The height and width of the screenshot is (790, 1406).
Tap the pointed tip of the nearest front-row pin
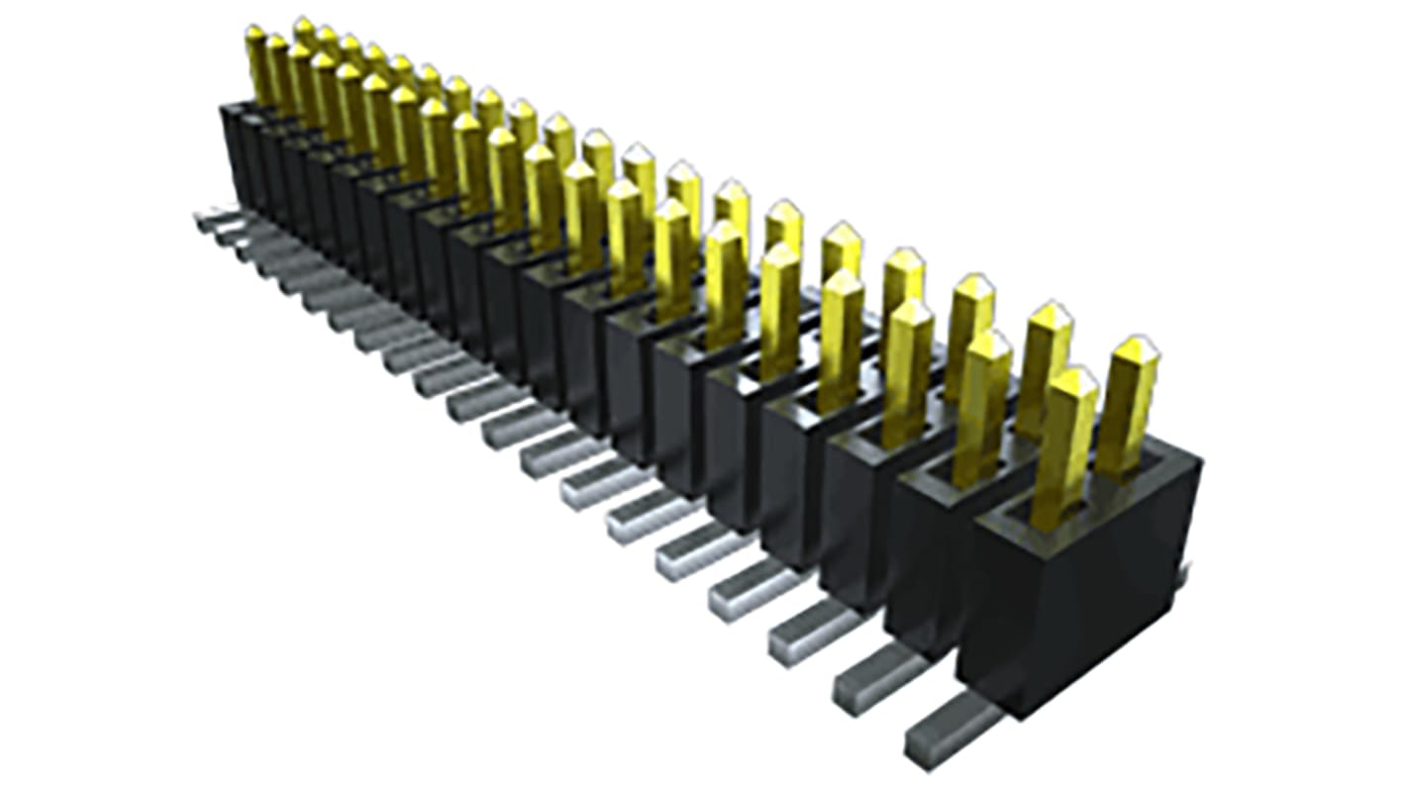(1073, 376)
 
